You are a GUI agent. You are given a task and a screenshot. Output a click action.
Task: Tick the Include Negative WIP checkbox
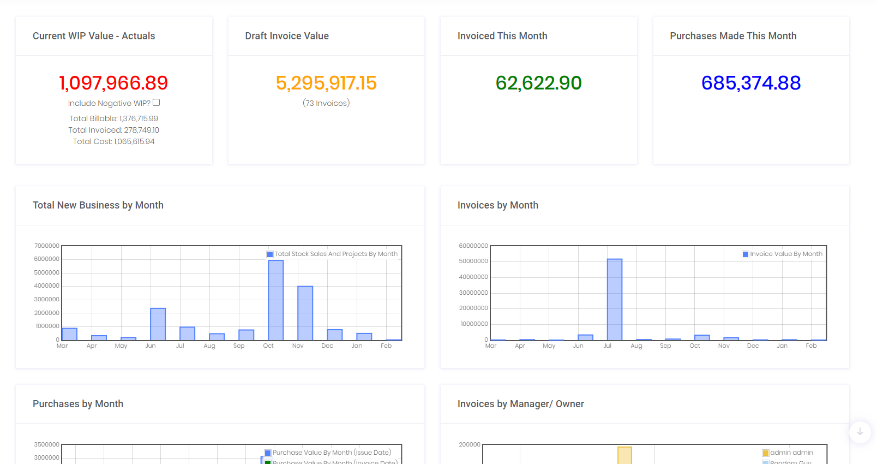click(x=157, y=103)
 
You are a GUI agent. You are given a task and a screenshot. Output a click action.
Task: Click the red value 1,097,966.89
click(x=113, y=83)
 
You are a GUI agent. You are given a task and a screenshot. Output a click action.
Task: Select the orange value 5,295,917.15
click(x=326, y=83)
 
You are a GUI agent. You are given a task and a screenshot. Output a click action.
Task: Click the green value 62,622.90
click(x=538, y=83)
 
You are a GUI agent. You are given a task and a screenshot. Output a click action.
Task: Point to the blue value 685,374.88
click(x=751, y=83)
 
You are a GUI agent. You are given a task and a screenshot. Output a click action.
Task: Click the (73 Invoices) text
click(x=326, y=103)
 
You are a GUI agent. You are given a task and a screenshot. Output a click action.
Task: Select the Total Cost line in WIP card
click(x=113, y=141)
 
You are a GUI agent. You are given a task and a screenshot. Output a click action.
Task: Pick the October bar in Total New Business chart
click(x=276, y=300)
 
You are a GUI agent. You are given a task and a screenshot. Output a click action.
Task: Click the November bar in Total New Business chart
click(x=305, y=313)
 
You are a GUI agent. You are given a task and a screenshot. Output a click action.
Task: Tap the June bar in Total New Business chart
click(x=158, y=324)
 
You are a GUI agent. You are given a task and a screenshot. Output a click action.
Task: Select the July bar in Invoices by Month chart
click(x=615, y=300)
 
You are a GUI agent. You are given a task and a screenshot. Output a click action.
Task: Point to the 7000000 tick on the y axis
click(x=47, y=246)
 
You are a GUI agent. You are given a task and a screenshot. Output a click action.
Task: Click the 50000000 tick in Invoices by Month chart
click(x=473, y=261)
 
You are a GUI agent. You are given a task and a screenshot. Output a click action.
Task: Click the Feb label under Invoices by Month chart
click(x=811, y=346)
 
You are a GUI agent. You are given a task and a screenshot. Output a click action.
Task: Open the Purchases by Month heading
click(x=78, y=404)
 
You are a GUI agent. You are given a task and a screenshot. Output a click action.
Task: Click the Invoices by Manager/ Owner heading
click(x=520, y=404)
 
